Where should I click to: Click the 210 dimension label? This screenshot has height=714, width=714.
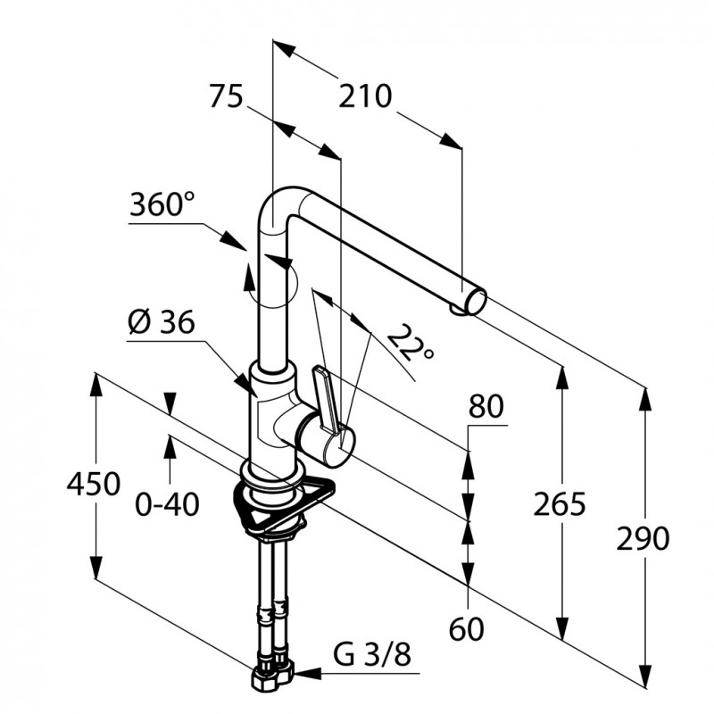[365, 96]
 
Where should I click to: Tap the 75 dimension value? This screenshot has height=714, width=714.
[226, 96]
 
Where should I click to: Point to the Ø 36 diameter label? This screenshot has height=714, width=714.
[162, 322]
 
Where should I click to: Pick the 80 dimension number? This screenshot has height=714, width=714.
[486, 406]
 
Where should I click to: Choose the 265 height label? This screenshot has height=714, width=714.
[560, 504]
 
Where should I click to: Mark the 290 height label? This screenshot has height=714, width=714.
[643, 538]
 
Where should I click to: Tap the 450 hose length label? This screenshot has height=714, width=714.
[94, 484]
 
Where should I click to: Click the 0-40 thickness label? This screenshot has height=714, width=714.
[168, 504]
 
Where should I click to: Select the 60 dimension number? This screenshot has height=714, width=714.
[466, 629]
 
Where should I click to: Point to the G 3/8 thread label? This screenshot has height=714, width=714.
[372, 654]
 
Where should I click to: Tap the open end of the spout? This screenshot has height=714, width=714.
[477, 303]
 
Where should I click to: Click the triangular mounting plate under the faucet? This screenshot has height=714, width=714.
[282, 504]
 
